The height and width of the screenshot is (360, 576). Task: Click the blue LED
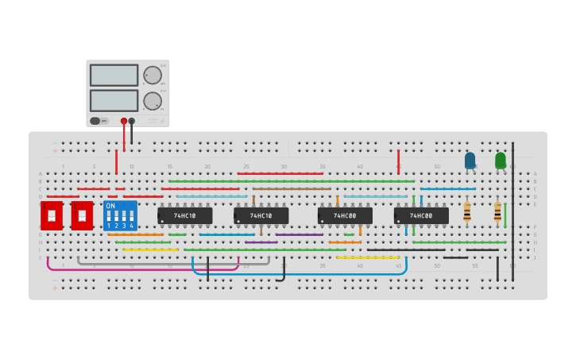click(x=470, y=161)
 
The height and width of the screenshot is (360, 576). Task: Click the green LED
click(x=500, y=161)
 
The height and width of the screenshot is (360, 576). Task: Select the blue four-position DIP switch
click(x=120, y=215)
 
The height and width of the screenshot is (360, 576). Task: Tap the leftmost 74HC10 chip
click(x=184, y=215)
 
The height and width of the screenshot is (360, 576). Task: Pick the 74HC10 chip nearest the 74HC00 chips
click(x=261, y=215)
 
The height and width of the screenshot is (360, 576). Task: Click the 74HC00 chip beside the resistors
click(x=421, y=215)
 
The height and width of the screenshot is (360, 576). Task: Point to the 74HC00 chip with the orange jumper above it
click(x=345, y=215)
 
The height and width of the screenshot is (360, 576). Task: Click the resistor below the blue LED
click(x=466, y=212)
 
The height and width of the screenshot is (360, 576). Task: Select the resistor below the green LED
click(x=497, y=212)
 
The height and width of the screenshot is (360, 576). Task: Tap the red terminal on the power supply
click(x=124, y=122)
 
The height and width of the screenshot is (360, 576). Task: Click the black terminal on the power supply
click(x=132, y=122)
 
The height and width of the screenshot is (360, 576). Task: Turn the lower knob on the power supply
click(x=151, y=101)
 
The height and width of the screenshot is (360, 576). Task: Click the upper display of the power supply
click(x=114, y=75)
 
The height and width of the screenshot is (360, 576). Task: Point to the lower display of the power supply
click(x=114, y=101)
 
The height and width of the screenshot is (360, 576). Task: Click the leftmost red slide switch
click(x=52, y=215)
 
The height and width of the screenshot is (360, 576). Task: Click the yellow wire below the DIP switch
click(x=150, y=250)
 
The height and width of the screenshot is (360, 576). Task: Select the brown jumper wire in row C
click(x=291, y=188)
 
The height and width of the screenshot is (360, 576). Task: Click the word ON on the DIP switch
click(x=110, y=206)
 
